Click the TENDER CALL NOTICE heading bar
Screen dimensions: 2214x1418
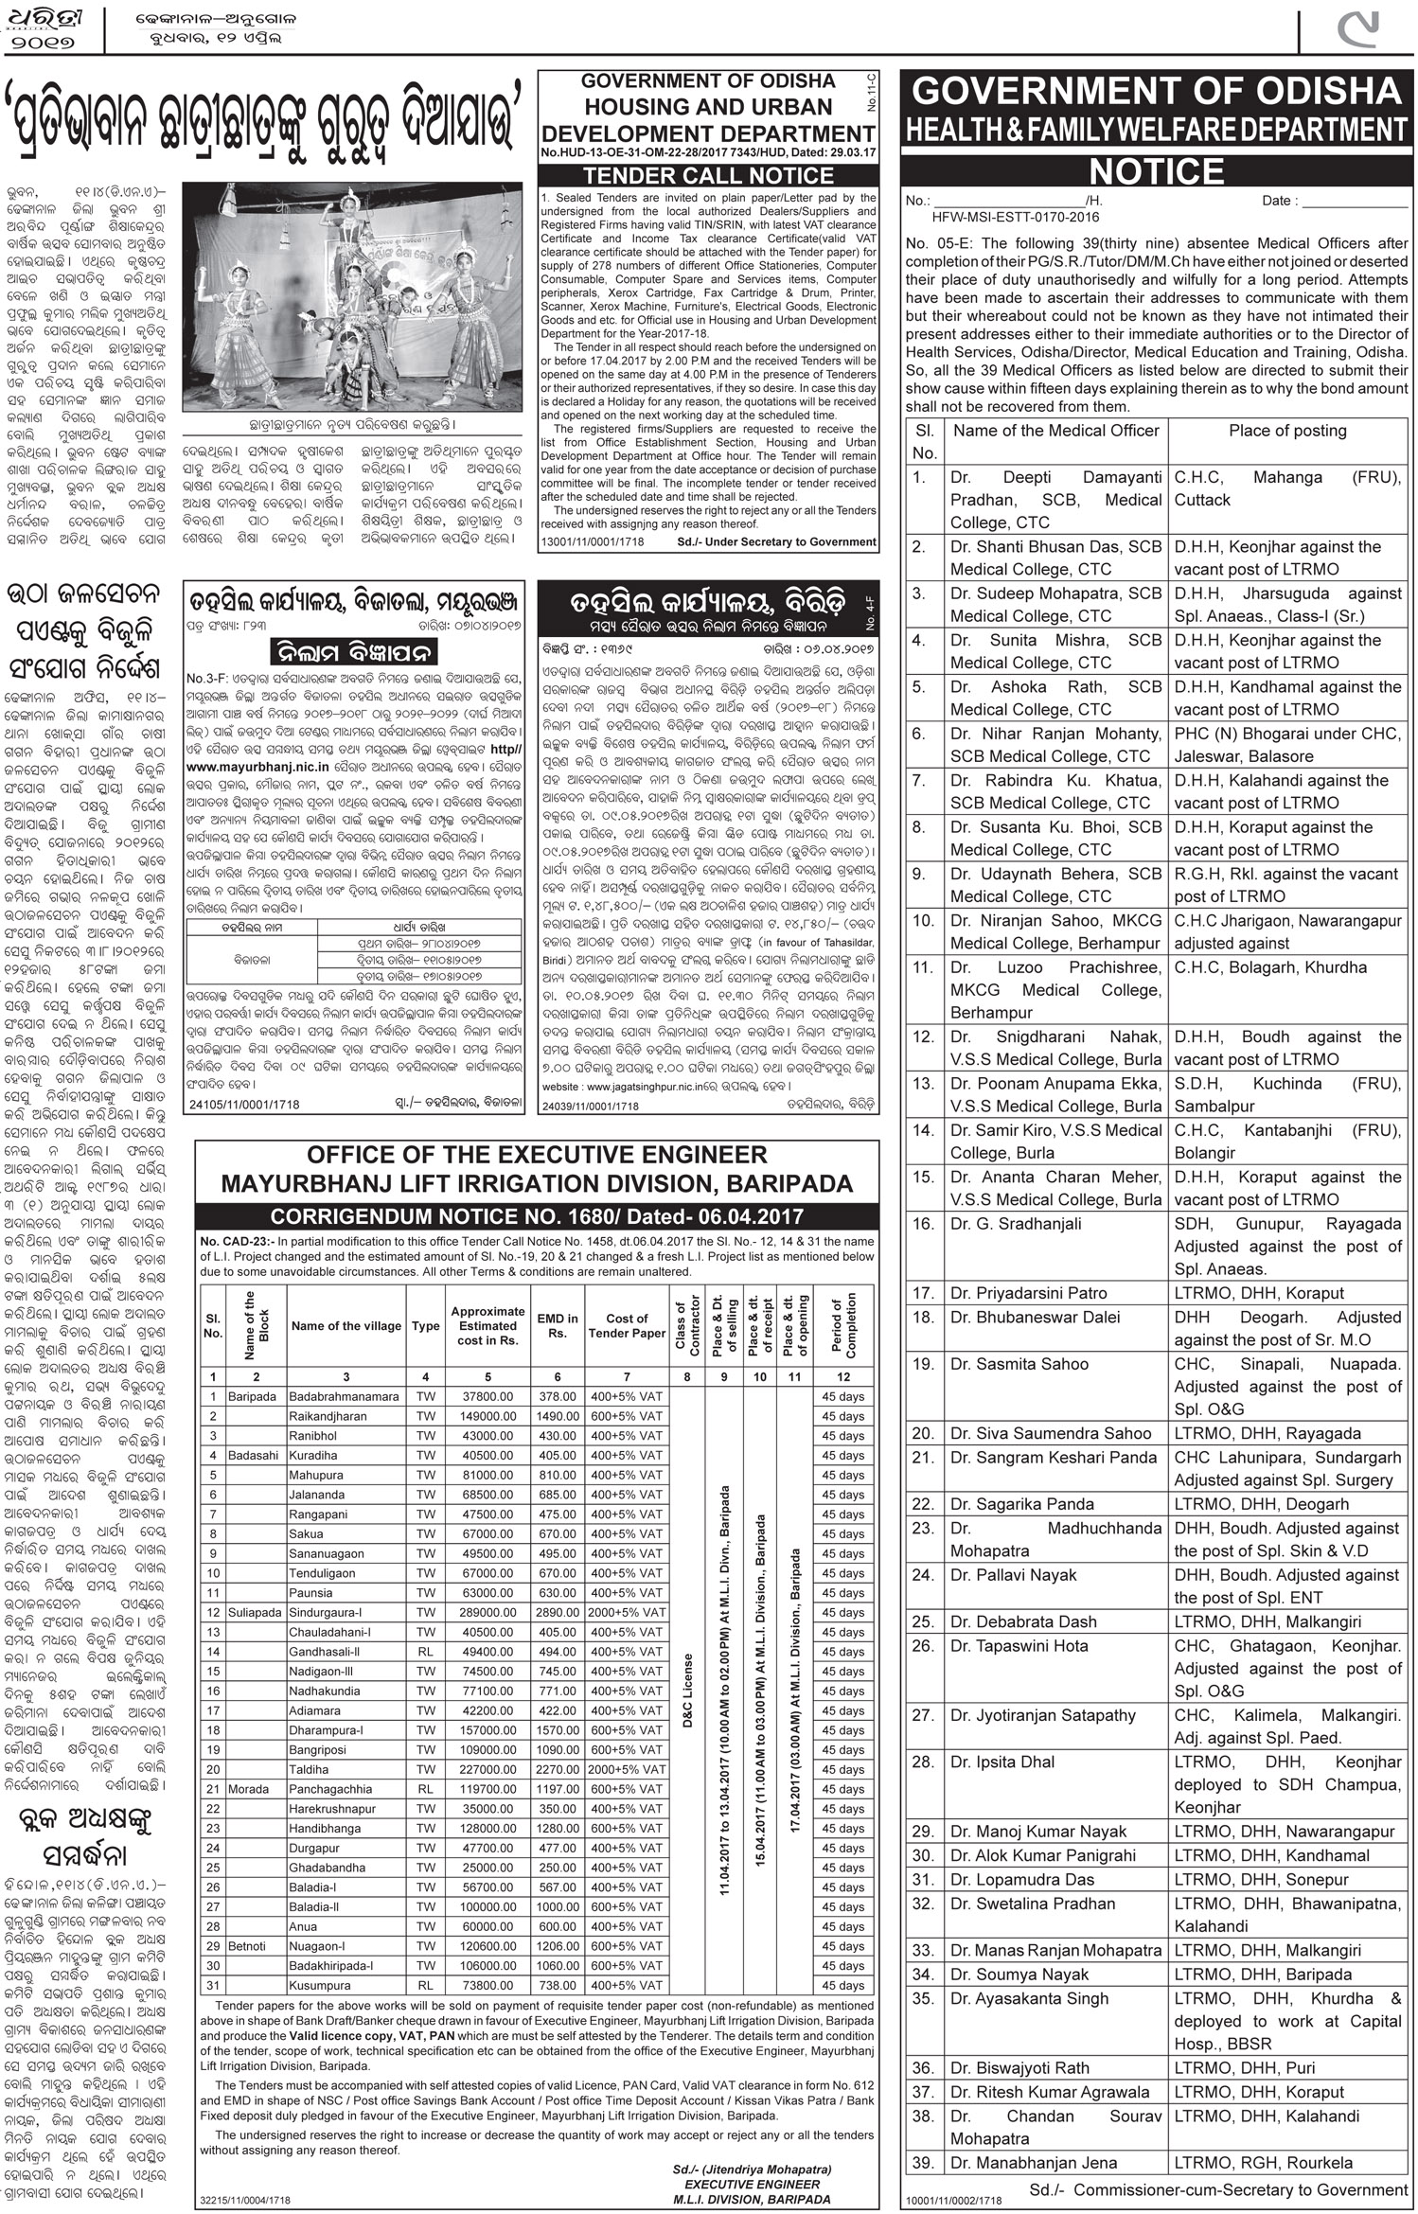pos(708,175)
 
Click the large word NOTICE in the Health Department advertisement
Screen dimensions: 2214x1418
pos(1157,171)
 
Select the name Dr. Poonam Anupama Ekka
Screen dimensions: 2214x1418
pos(1055,1083)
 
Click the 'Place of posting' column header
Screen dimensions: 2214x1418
pos(1286,431)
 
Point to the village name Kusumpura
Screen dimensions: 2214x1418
pos(320,1985)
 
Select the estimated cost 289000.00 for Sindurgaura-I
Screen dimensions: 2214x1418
pos(487,1612)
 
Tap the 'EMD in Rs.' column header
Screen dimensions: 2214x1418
pos(558,1325)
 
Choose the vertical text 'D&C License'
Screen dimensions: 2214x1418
pos(688,1691)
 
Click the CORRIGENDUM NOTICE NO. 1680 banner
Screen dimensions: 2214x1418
pos(537,1216)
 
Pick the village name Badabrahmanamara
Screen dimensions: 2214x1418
pos(345,1396)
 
